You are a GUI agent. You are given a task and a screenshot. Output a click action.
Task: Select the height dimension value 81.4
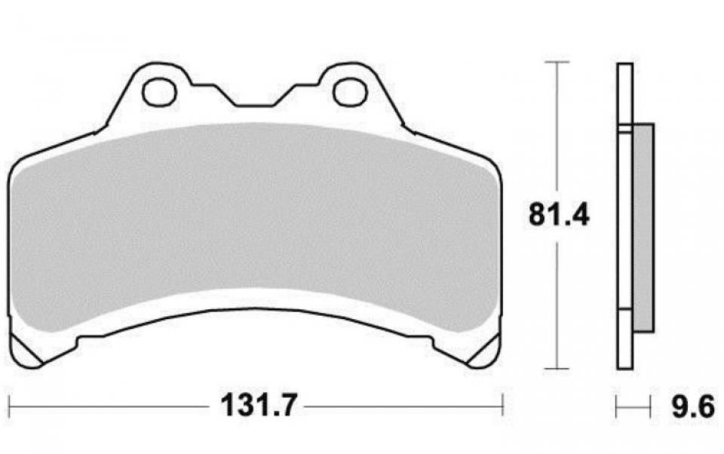pyautogui.click(x=558, y=215)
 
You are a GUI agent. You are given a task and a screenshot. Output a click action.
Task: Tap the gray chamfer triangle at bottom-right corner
pyautogui.click(x=483, y=354)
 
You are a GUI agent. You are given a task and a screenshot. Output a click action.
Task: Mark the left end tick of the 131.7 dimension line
pyautogui.click(x=8, y=407)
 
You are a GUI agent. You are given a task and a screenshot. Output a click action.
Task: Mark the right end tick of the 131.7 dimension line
pyautogui.click(x=502, y=407)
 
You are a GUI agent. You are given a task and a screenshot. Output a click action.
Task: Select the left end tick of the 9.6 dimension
pyautogui.click(x=617, y=408)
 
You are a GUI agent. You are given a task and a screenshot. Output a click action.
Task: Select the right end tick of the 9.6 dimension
pyautogui.click(x=651, y=408)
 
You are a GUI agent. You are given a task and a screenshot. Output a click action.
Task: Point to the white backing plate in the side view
pyautogui.click(x=624, y=226)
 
